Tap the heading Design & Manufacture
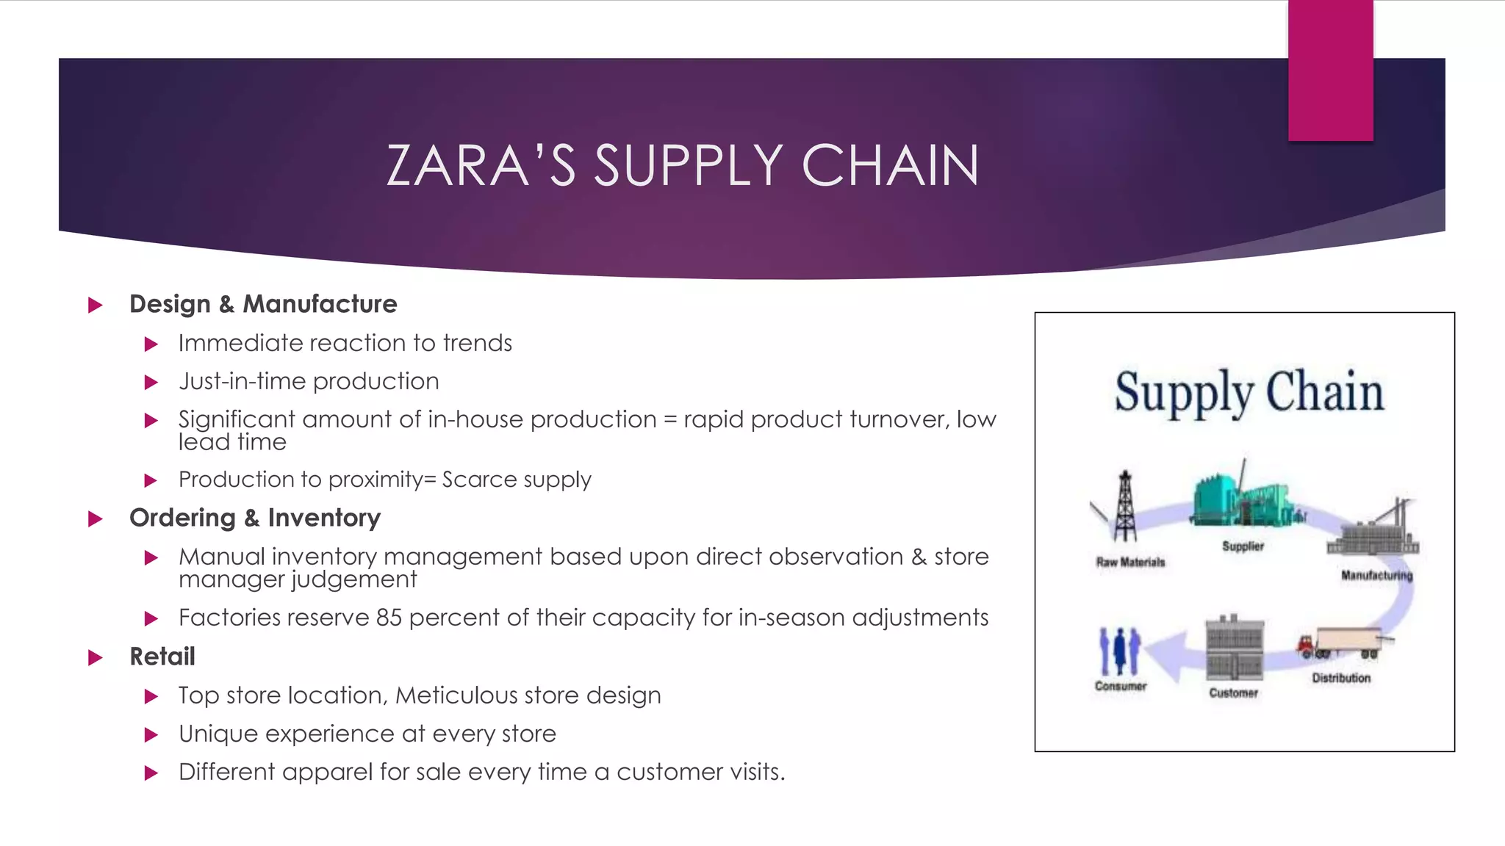[x=263, y=304]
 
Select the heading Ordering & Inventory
[x=255, y=518]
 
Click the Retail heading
[x=162, y=657]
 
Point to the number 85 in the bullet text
[x=389, y=618]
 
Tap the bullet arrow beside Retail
[x=96, y=657]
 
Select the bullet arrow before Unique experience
[x=151, y=734]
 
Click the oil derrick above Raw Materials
[x=1124, y=507]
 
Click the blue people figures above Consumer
[x=1119, y=651]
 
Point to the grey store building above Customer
[x=1235, y=648]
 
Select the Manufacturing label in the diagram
[x=1376, y=575]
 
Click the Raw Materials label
[x=1130, y=562]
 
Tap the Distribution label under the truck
[x=1341, y=678]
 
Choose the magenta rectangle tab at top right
[x=1330, y=70]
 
